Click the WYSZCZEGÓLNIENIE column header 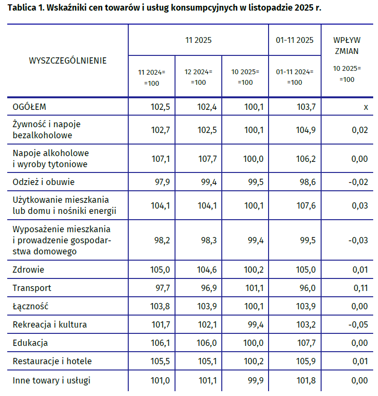pyautogui.click(x=67, y=61)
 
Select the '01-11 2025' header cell pyautogui.click(x=295, y=40)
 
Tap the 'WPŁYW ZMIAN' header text pyautogui.click(x=347, y=46)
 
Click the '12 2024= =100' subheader pyautogui.click(x=198, y=77)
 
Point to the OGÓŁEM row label pyautogui.click(x=29, y=107)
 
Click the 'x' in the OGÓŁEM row pyautogui.click(x=365, y=107)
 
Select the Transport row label pyautogui.click(x=32, y=288)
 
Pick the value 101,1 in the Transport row pyautogui.click(x=255, y=288)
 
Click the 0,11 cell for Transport pyautogui.click(x=361, y=288)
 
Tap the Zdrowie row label pyautogui.click(x=28, y=269)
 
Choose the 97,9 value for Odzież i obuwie pyautogui.click(x=162, y=182)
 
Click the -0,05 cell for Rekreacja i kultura pyautogui.click(x=358, y=325)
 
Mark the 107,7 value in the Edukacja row pyautogui.click(x=307, y=343)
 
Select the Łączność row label pyautogui.click(x=30, y=306)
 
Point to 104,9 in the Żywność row pyautogui.click(x=306, y=130)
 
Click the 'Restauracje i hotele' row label pyautogui.click(x=52, y=361)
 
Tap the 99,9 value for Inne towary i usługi pyautogui.click(x=256, y=380)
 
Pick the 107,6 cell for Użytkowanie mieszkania pyautogui.click(x=306, y=206)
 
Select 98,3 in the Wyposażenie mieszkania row pyautogui.click(x=209, y=240)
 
